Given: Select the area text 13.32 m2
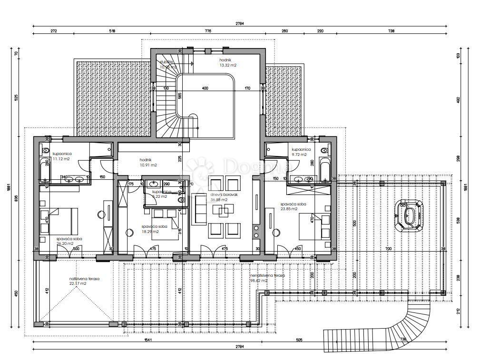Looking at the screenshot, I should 228,65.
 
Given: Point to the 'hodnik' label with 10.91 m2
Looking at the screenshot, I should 148,165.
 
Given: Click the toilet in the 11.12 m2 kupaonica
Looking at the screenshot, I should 46,151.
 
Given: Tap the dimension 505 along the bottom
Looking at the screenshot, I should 299,341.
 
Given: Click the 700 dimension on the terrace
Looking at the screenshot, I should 388,249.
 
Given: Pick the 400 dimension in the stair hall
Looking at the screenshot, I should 205,88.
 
